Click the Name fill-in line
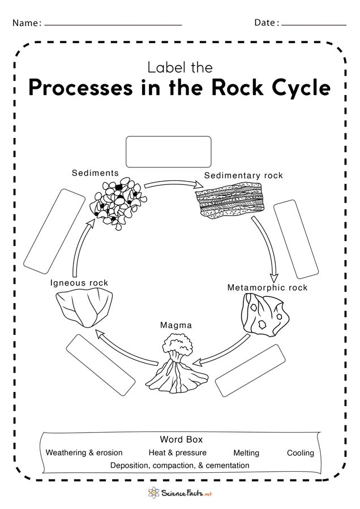coord(113,25)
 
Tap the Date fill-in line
coord(314,25)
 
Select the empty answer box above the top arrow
coord(168,152)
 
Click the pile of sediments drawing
coord(118,204)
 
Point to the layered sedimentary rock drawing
coord(231,201)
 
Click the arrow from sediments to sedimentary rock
coord(173,183)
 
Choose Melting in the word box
coord(246,453)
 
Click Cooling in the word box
coord(300,453)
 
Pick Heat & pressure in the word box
coord(177,453)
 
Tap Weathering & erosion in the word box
coord(84,453)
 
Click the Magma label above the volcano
coord(176,325)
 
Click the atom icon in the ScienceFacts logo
coord(153,493)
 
